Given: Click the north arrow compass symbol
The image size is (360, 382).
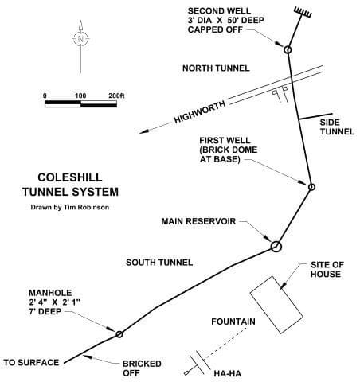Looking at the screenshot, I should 80,38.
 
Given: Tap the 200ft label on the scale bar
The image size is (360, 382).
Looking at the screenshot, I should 115,95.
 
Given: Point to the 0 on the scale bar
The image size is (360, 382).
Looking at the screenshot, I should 45,95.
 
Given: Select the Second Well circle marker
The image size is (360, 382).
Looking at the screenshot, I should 288,50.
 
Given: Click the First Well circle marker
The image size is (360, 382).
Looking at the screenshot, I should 311,187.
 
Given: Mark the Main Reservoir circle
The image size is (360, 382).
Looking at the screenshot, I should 276,246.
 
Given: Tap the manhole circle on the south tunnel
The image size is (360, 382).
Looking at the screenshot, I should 119,334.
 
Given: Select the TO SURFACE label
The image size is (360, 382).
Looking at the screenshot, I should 32,363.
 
